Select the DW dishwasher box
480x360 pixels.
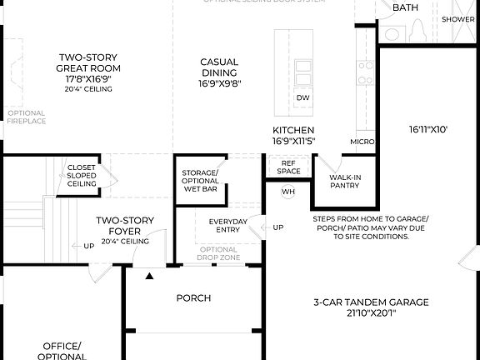(x=303, y=98)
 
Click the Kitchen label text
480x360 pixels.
(x=293, y=136)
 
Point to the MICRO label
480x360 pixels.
(x=362, y=142)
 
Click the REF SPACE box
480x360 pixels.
(x=288, y=167)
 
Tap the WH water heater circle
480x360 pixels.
(x=288, y=192)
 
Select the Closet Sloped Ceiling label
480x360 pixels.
(x=82, y=175)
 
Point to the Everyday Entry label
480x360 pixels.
(x=227, y=224)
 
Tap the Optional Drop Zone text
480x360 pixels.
(x=218, y=254)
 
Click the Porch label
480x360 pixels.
(x=193, y=298)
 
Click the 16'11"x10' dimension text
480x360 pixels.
(x=429, y=130)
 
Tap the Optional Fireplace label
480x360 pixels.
(x=27, y=117)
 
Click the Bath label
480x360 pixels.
(x=405, y=7)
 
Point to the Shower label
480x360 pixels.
(x=457, y=18)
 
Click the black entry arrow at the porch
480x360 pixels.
(x=150, y=275)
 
